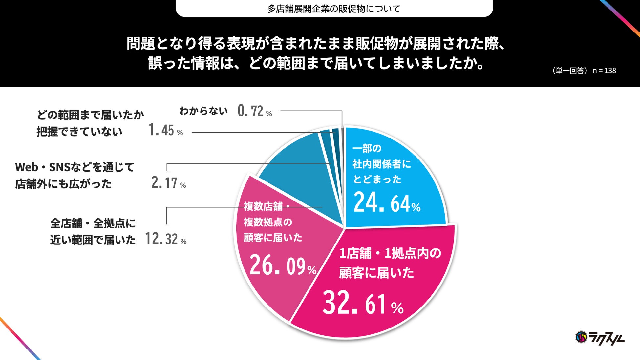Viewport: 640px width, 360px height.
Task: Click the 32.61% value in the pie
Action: [363, 303]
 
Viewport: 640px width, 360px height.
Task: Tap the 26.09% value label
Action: [283, 265]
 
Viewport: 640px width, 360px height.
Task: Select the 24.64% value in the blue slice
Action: [387, 202]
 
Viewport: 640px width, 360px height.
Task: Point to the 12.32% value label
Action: [166, 239]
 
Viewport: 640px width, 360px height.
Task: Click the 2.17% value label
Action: [169, 183]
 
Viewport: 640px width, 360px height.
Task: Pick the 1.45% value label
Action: [165, 130]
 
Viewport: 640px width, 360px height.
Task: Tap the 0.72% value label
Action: [255, 111]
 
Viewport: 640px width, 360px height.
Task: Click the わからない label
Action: [203, 111]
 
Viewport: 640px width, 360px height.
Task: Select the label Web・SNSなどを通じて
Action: [75, 167]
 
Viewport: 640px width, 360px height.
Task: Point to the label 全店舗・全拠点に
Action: [93, 223]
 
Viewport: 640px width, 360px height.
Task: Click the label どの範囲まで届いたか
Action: [90, 115]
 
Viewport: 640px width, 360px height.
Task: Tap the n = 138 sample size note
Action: [604, 71]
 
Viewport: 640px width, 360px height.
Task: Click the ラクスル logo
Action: [600, 337]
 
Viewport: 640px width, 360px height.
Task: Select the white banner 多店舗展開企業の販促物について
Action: [334, 9]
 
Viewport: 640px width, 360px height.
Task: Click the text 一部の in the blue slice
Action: [367, 148]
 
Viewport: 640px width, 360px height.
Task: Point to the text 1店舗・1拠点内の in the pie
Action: [390, 253]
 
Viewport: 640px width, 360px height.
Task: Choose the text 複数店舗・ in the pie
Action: [267, 206]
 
